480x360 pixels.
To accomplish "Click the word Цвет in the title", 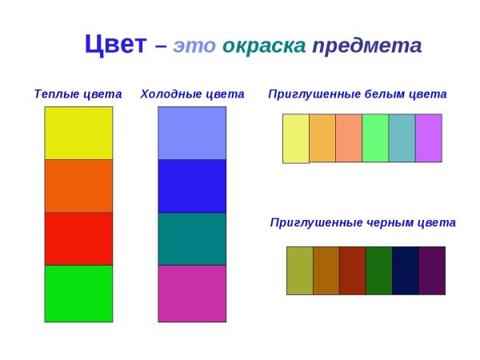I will click(x=116, y=44).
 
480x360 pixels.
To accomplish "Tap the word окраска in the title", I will click(x=264, y=46).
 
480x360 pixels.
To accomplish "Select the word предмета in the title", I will click(x=367, y=46).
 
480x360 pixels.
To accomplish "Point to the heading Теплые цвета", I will click(x=78, y=94).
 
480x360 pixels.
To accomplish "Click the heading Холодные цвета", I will click(x=192, y=94).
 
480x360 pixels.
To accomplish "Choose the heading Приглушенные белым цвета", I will click(x=358, y=94).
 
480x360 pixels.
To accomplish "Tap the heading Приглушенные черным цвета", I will click(x=363, y=222).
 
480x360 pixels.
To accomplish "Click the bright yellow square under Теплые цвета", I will click(x=78, y=133).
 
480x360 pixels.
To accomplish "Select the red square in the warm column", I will click(x=78, y=238).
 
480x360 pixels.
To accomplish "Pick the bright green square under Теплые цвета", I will click(x=78, y=293).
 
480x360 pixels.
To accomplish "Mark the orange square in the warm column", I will click(x=78, y=186).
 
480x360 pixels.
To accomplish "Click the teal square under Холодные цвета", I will click(x=192, y=238).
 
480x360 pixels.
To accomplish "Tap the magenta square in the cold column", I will click(x=192, y=293).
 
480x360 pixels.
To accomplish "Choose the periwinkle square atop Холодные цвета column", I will click(x=192, y=133).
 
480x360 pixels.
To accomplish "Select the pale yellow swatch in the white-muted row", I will click(x=296, y=138).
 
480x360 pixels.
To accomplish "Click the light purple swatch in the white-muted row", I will click(x=428, y=138).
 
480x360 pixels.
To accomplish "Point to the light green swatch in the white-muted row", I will click(x=375, y=138).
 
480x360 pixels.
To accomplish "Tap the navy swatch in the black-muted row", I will click(x=406, y=270).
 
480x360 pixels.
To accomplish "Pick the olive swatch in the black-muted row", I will click(x=300, y=270).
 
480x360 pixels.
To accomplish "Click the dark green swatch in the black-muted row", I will click(x=379, y=270).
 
